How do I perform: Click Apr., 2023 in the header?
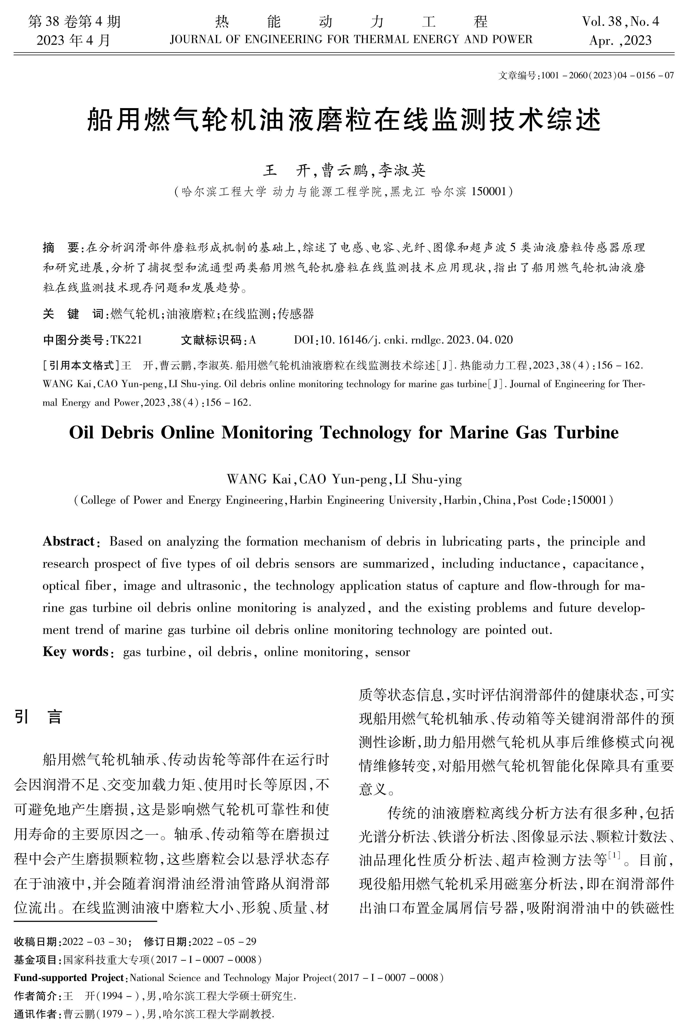point(620,41)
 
